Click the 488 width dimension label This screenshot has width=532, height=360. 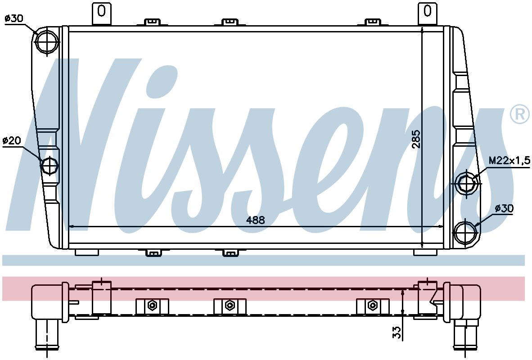click(255, 220)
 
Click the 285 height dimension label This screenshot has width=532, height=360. click(416, 139)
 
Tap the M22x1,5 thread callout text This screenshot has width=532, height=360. click(509, 161)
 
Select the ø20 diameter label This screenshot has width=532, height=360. click(12, 140)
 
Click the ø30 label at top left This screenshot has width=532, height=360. click(14, 18)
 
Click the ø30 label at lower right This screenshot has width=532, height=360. click(504, 208)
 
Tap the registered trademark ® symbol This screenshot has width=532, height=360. click(520, 114)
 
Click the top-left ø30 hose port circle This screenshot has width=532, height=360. click(47, 42)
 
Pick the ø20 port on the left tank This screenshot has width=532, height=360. click(50, 165)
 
